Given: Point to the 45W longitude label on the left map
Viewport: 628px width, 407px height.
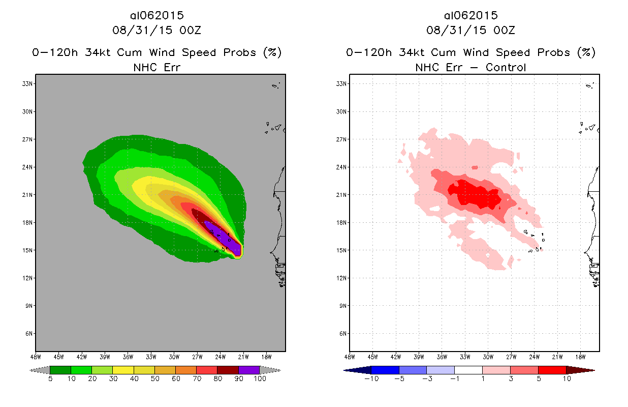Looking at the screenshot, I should tap(58, 356).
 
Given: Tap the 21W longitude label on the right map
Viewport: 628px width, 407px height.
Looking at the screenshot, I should tap(557, 356).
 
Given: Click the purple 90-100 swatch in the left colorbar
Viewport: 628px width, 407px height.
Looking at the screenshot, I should tap(249, 370).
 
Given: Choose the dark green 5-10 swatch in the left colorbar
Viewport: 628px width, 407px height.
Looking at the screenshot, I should tap(60, 370).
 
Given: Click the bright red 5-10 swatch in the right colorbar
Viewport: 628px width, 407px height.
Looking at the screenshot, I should tap(552, 370).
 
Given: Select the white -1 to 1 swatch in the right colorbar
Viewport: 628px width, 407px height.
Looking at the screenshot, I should tap(468, 370).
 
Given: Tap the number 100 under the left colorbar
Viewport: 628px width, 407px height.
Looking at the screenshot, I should tap(259, 380).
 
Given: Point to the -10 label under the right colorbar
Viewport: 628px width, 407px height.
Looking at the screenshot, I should tap(371, 380).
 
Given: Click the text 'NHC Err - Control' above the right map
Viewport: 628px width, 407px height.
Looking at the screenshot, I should tap(470, 67).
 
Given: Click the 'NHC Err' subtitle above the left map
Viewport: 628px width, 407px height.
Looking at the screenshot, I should tap(156, 67).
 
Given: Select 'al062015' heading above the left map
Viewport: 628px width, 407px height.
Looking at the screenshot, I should tap(156, 15).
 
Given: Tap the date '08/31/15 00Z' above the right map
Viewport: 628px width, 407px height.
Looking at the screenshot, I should tap(470, 30).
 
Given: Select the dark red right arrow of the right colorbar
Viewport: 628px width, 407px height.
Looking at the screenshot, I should tap(580, 370).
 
